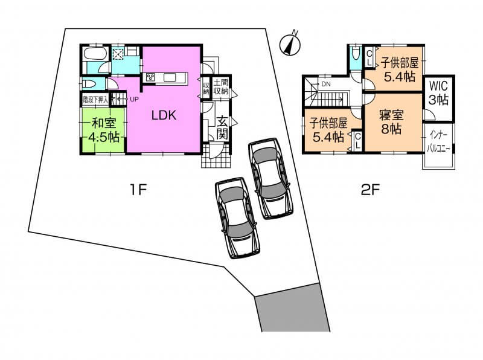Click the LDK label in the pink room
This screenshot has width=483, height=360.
point(164,115)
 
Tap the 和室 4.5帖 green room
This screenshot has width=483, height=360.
point(103,129)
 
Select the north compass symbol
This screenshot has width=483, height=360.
point(290,44)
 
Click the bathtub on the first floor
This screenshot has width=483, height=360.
point(95,54)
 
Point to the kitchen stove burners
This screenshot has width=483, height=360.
point(150,77)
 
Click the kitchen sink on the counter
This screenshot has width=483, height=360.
point(170,77)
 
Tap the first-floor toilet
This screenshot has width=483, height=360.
point(90,83)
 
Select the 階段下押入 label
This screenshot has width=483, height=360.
point(95,100)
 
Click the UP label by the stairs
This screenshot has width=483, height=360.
point(134,99)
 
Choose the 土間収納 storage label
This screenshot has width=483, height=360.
point(221,87)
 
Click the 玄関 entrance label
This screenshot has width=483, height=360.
point(222,128)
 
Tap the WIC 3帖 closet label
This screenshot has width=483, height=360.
point(439,92)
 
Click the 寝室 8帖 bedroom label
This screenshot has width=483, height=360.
point(391,122)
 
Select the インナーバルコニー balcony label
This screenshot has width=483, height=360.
point(438,142)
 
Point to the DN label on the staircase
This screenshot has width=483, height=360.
point(326,84)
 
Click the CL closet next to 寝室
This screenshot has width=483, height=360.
point(357,142)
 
